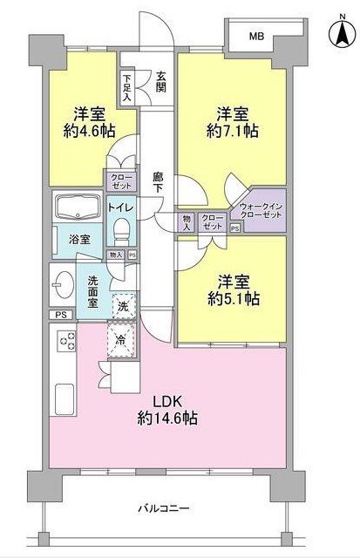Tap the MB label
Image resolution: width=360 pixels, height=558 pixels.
(256, 37)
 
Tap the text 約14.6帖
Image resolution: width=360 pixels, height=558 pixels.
(167, 419)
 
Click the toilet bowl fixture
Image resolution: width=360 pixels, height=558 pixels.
(122, 230)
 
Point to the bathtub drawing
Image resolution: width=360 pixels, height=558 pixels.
(78, 208)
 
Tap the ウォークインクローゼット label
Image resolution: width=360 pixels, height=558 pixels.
(260, 211)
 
